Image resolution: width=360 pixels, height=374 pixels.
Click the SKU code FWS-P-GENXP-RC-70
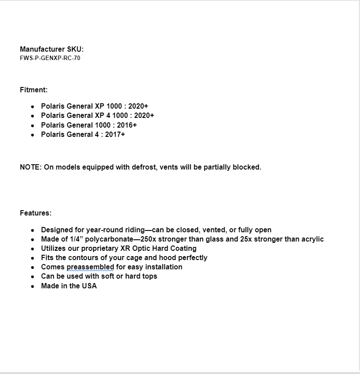[50, 58]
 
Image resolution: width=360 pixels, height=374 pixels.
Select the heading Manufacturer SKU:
[52, 49]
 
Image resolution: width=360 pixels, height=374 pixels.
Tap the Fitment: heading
[34, 90]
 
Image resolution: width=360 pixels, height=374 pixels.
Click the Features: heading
[35, 213]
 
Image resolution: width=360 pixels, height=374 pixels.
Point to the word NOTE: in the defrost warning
[30, 167]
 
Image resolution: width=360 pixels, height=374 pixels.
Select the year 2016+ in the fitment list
[127, 125]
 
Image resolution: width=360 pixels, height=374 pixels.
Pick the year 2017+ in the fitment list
[115, 134]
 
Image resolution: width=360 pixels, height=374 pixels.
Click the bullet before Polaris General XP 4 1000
[33, 116]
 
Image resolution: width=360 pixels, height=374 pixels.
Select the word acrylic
[311, 239]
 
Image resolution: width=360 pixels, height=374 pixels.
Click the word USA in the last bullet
[89, 286]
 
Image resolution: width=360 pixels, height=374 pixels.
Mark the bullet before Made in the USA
[33, 286]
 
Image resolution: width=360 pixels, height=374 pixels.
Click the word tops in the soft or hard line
[149, 276]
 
